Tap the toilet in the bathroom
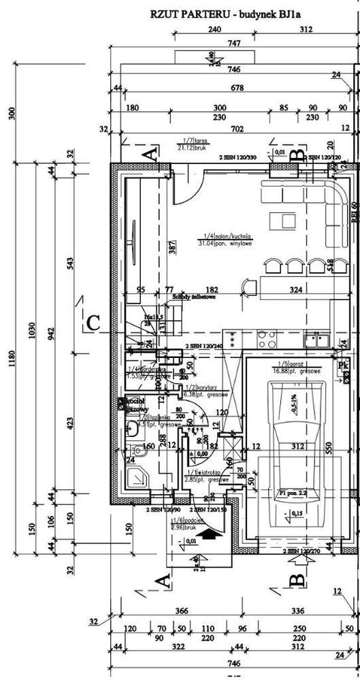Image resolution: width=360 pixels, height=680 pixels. [129, 428]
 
